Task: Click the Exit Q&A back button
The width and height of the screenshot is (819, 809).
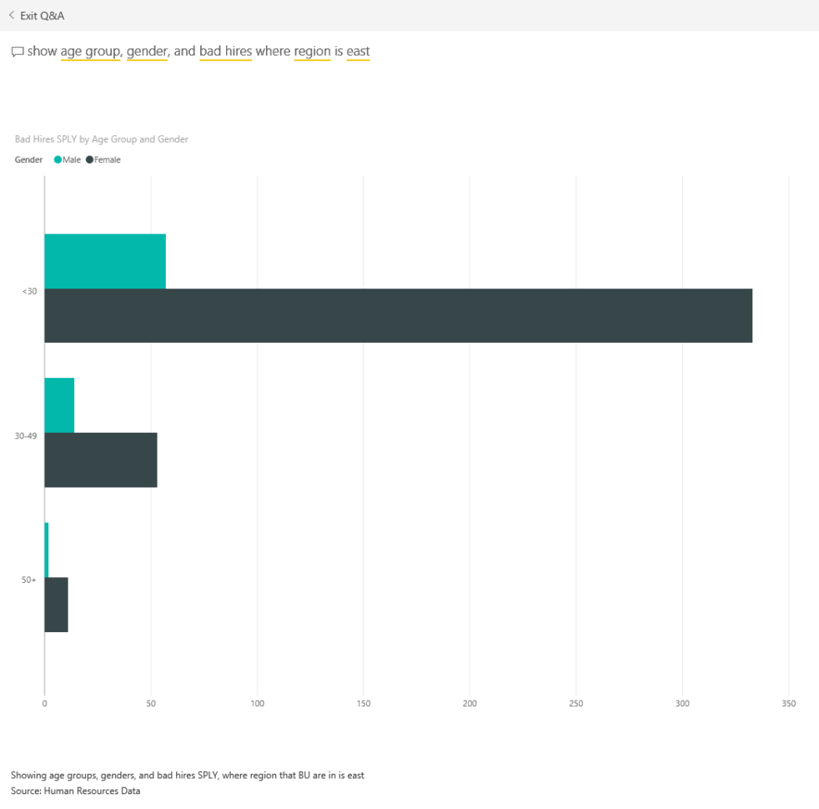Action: point(36,15)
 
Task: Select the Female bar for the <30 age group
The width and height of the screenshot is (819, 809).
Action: point(398,315)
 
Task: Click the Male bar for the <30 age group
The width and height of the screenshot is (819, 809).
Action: point(105,261)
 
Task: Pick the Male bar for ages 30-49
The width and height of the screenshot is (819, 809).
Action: point(59,405)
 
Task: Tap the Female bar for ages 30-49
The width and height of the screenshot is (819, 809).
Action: point(100,460)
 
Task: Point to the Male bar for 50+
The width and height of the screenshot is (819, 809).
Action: point(47,550)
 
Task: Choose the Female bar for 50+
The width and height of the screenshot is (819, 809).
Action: point(56,605)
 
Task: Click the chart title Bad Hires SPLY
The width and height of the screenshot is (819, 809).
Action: point(101,139)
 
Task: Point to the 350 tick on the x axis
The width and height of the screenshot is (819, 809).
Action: point(788,704)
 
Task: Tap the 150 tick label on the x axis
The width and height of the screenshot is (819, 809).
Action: point(364,704)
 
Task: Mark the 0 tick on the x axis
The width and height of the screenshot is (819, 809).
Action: point(45,704)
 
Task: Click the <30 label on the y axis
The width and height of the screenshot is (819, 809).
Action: point(29,290)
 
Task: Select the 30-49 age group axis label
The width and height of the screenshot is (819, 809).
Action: point(26,435)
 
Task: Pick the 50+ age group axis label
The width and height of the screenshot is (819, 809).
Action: point(28,580)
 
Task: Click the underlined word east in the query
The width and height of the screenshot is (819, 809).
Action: point(358,52)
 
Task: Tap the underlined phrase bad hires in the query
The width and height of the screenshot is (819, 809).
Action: point(225,52)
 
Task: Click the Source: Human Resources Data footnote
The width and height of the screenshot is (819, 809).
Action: point(75,791)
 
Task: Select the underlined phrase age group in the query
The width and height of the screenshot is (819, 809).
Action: point(90,52)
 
